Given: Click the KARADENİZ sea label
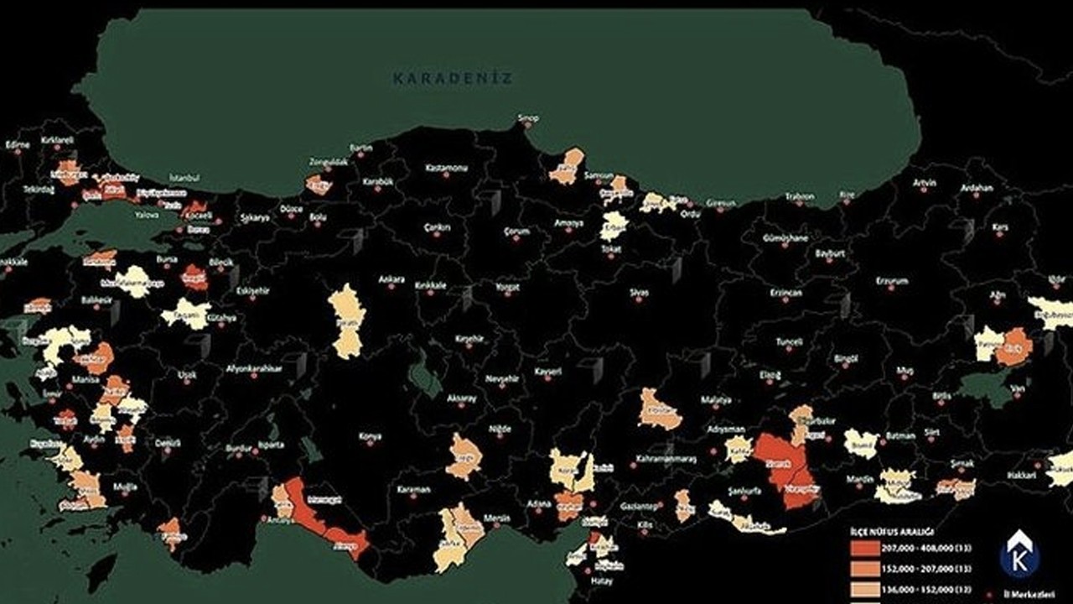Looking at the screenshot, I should [453, 78].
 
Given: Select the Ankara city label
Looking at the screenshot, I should [391, 279].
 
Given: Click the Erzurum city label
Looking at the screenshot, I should [892, 281].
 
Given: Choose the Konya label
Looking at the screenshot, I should [370, 436].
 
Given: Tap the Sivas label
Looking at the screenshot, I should [640, 293].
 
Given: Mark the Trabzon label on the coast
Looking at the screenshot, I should [799, 197].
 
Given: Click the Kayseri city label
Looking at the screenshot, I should [547, 371].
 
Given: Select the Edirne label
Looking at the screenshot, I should [17, 144].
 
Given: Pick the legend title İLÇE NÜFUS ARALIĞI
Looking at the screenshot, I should [891, 532].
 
